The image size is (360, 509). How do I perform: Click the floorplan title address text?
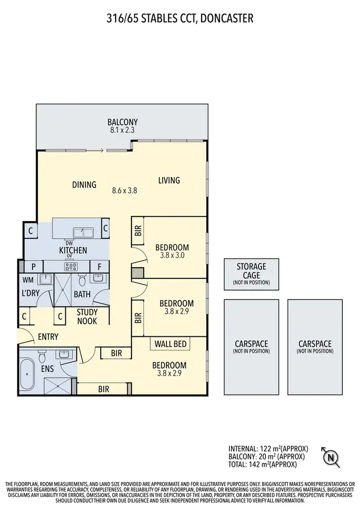click(180, 18)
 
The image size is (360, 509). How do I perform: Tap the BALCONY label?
click(122, 122)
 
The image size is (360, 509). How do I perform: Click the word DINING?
click(84, 185)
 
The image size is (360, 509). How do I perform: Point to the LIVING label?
click(169, 180)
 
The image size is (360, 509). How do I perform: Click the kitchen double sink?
click(83, 233)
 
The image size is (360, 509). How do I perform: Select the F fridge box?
click(99, 267)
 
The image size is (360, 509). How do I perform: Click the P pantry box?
click(34, 267)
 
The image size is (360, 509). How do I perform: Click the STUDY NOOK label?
click(87, 317)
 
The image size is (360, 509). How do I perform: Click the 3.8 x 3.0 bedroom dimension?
click(172, 256)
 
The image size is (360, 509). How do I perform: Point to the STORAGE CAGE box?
click(251, 274)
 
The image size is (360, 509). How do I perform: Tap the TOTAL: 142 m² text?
click(263, 464)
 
